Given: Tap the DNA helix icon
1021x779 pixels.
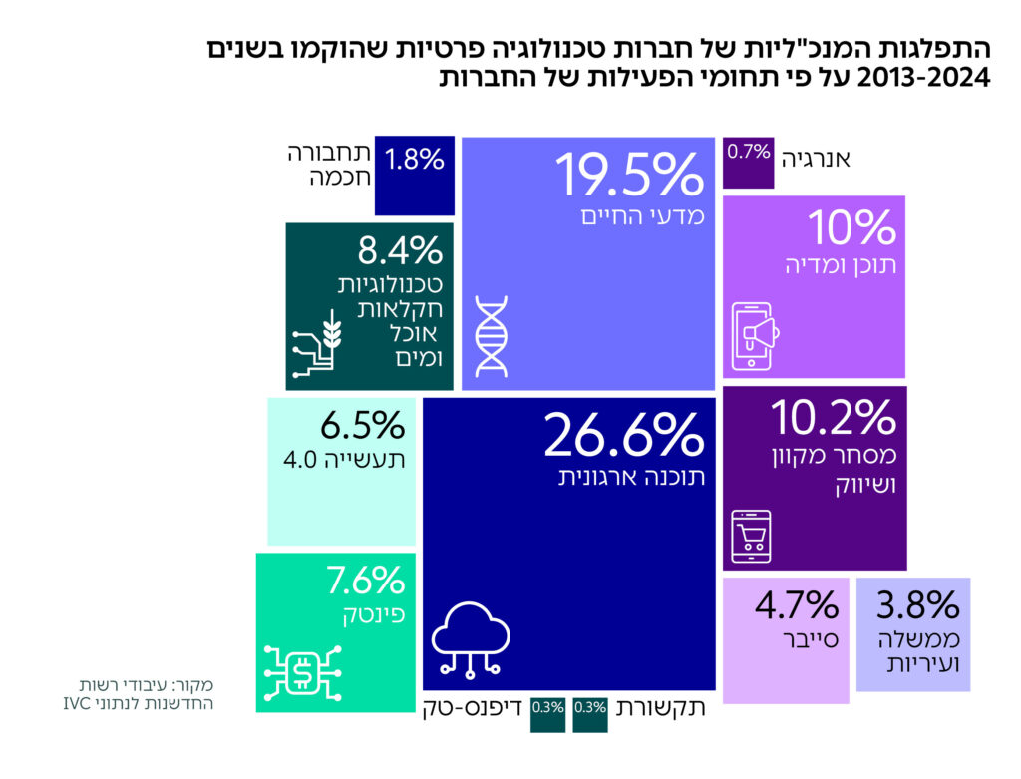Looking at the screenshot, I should (491, 336).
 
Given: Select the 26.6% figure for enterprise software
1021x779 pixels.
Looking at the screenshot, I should (623, 435).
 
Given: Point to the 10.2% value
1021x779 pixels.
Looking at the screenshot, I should (834, 418).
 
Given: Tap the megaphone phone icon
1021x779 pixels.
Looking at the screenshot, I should (755, 329).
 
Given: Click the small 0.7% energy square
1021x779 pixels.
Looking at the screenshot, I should (748, 153).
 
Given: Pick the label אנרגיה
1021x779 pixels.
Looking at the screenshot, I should (816, 157).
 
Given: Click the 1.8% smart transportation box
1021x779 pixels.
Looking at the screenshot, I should (415, 160).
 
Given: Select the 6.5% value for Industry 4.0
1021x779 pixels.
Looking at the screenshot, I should (362, 426).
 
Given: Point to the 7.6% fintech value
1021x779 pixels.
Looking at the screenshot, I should (365, 579).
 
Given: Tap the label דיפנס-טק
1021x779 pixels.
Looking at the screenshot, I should (470, 709).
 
